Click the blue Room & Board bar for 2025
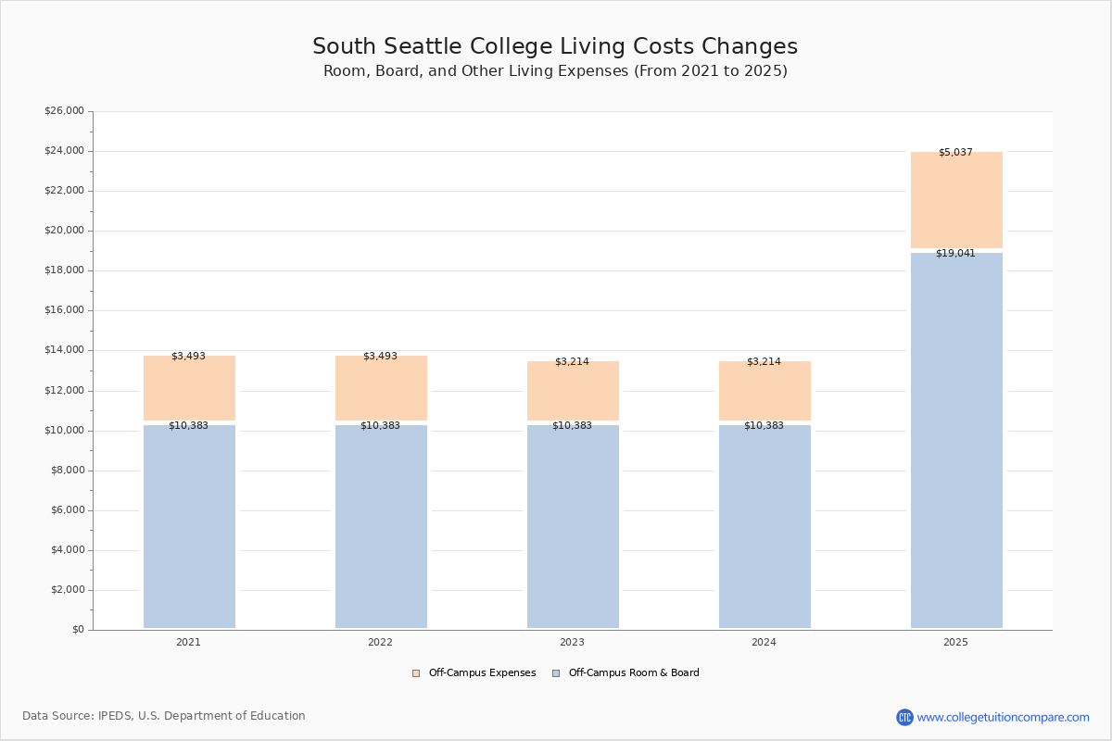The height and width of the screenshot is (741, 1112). click(x=956, y=440)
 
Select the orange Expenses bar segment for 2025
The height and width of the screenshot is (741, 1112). click(x=956, y=200)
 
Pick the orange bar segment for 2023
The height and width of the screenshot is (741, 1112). click(x=573, y=391)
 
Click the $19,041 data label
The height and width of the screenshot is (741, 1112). click(x=955, y=253)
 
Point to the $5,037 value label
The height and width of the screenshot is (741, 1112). click(x=955, y=152)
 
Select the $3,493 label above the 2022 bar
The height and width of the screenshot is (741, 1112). click(x=380, y=356)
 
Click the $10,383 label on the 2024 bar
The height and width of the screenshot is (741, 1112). click(x=764, y=425)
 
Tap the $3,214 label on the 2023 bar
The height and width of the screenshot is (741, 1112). click(x=572, y=361)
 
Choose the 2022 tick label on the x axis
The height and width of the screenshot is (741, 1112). click(x=380, y=642)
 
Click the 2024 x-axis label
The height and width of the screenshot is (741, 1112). click(x=764, y=642)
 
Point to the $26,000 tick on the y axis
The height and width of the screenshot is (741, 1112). click(x=64, y=111)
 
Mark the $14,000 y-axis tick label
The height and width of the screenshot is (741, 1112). click(x=64, y=350)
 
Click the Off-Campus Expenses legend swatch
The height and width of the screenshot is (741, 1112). click(x=416, y=673)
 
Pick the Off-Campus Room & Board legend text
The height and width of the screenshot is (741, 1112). click(x=634, y=673)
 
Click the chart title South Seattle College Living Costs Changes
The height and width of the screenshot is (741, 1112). click(x=555, y=46)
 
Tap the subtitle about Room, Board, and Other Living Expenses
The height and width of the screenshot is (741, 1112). click(x=555, y=71)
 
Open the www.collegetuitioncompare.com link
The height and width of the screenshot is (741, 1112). click(x=1003, y=717)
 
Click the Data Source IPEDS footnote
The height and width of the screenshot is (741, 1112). click(x=164, y=716)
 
